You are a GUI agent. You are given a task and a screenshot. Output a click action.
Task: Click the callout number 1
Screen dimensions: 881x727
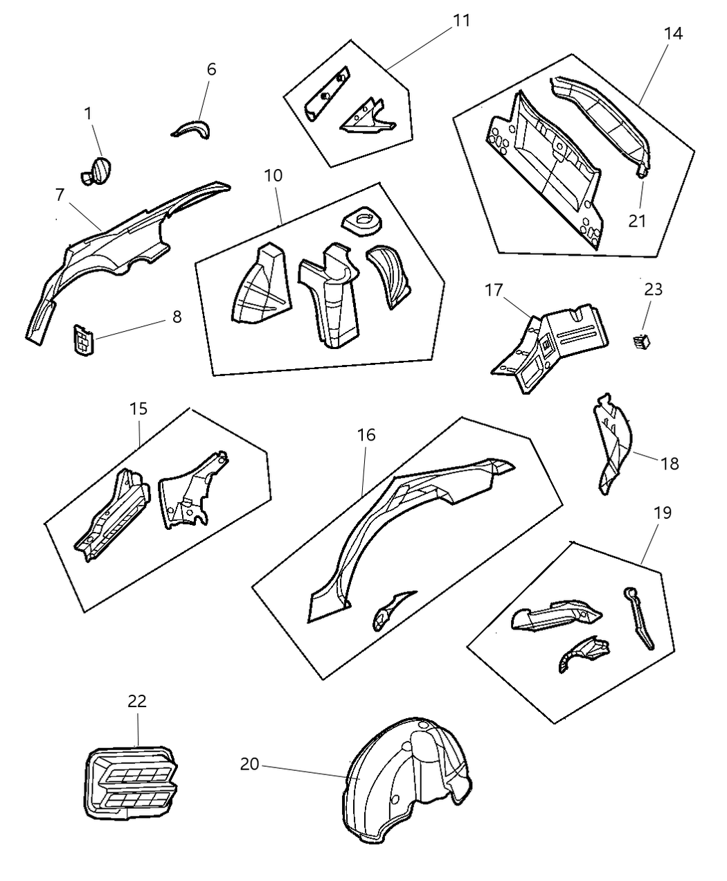(x=88, y=114)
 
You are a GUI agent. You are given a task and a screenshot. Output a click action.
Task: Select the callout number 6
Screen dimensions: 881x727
(x=211, y=69)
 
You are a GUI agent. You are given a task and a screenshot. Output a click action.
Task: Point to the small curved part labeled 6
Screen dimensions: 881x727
(x=192, y=130)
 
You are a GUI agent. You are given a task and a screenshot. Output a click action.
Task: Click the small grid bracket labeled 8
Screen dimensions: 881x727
(x=84, y=339)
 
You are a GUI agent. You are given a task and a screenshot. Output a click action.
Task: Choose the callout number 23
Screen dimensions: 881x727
(x=653, y=289)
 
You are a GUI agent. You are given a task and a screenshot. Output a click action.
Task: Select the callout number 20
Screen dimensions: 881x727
(x=249, y=764)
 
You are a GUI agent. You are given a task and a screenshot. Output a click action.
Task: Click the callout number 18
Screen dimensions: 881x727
(x=670, y=463)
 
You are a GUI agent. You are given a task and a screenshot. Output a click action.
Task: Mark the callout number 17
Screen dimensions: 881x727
(x=493, y=290)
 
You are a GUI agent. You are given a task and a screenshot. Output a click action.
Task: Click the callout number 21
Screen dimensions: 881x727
(x=637, y=221)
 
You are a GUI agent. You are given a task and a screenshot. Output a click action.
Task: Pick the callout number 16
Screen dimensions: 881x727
(x=366, y=435)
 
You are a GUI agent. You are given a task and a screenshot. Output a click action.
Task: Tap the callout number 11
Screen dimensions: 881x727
(x=461, y=21)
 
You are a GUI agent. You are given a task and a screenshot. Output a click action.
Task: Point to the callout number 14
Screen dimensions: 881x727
(x=673, y=33)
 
